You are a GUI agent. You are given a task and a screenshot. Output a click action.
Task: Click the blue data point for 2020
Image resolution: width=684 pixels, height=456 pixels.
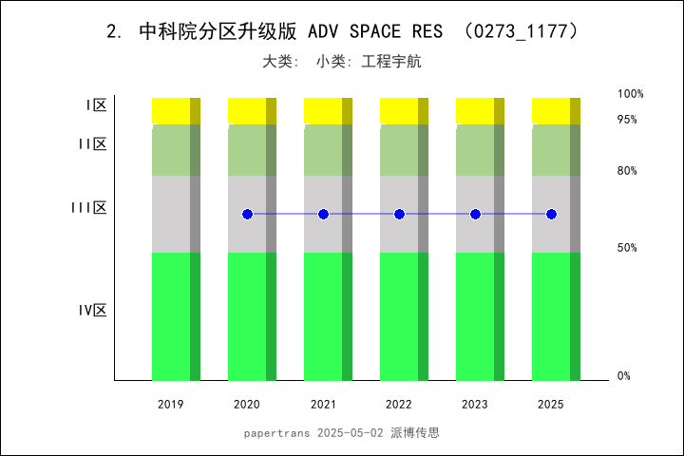tap(247, 215)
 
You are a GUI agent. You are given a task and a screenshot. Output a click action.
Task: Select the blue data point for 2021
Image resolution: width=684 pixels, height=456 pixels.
tap(323, 215)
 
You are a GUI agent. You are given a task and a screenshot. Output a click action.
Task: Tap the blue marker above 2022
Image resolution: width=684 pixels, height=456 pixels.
tap(399, 215)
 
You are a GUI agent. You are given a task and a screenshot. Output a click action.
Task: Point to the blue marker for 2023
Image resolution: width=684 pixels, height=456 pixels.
tap(475, 215)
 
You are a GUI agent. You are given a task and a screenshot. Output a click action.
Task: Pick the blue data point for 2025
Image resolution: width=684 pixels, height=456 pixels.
tap(551, 215)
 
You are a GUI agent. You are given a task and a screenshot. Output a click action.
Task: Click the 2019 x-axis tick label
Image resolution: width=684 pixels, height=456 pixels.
tap(171, 405)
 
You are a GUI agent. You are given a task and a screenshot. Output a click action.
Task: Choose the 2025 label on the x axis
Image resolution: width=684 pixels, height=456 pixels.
tap(551, 405)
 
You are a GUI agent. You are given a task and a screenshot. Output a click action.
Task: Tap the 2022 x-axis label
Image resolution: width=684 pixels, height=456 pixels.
tap(399, 405)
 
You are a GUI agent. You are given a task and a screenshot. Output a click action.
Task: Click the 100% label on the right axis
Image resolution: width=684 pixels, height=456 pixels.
tap(631, 94)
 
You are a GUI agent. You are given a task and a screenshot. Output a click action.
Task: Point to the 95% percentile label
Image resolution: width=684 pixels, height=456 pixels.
tap(627, 120)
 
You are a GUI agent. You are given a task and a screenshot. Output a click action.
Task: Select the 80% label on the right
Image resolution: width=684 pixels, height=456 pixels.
tap(627, 171)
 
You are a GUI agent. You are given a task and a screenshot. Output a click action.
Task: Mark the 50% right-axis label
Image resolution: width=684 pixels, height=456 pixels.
tap(627, 248)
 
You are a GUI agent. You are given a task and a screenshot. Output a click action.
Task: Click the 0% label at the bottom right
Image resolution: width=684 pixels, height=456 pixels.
tap(624, 376)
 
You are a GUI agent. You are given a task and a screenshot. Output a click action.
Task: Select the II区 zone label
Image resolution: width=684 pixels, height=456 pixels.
tap(92, 143)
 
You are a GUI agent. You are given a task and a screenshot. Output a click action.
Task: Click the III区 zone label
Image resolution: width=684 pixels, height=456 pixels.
tap(89, 207)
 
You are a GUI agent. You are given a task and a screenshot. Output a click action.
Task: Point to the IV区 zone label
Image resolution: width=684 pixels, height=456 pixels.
tap(92, 310)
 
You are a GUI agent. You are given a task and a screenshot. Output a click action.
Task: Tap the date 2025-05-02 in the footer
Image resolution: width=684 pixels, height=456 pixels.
tap(351, 432)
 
